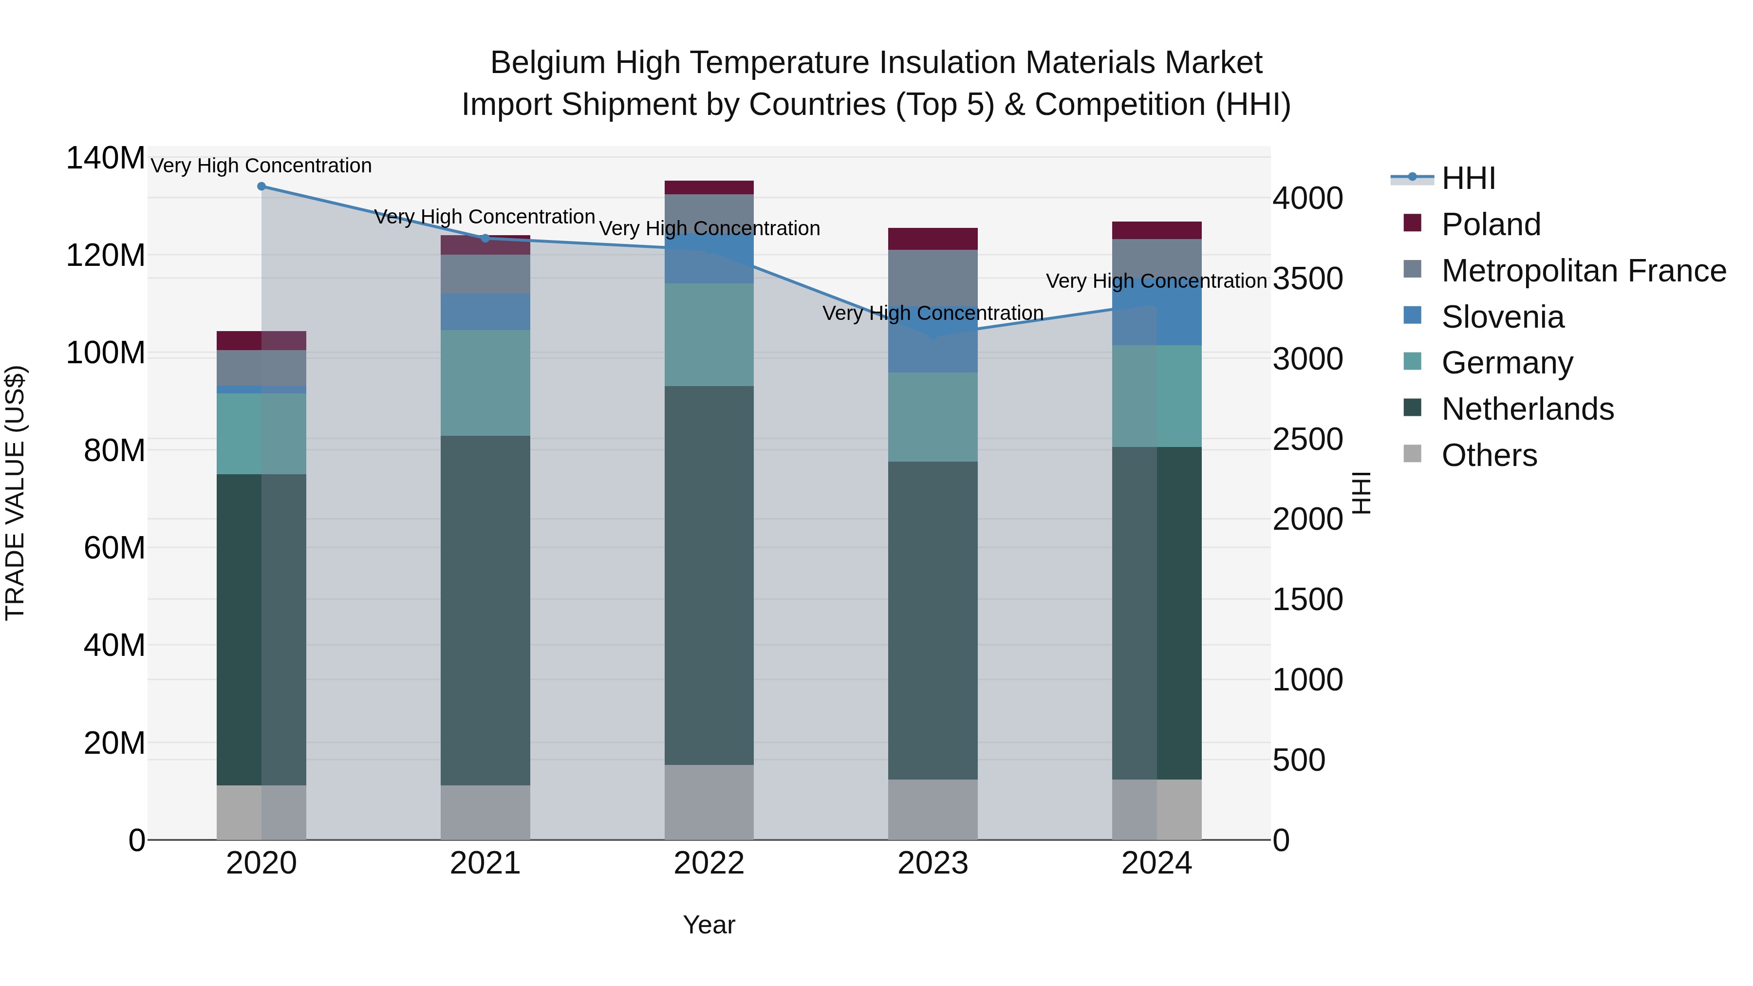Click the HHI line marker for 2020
click(x=261, y=186)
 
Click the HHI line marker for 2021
click(x=485, y=238)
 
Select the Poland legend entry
click(x=1491, y=224)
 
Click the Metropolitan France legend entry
click(x=1583, y=271)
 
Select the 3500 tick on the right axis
click(x=1307, y=279)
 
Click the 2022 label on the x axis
click(x=709, y=863)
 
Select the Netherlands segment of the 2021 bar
click(x=485, y=611)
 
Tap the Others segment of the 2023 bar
click(x=932, y=809)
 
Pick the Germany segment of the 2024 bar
click(x=1157, y=396)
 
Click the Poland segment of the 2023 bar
click(x=932, y=239)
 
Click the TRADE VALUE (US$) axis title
click(x=15, y=493)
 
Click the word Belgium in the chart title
click(x=548, y=63)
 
